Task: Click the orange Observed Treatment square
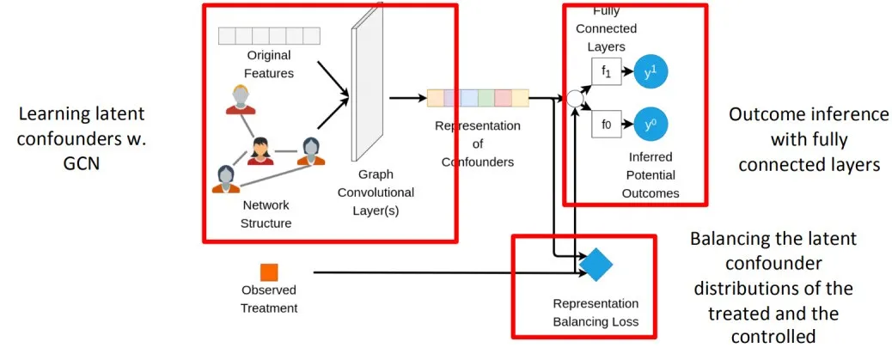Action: coord(269,272)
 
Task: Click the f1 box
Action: coord(606,72)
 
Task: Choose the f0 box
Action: coord(606,125)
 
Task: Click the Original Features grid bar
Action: coord(268,35)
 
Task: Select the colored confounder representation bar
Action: coord(477,98)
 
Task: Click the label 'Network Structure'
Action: coord(266,214)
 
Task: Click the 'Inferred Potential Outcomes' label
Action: coord(650,175)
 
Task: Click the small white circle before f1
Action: coord(575,98)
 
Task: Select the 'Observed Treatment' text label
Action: coord(269,299)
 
